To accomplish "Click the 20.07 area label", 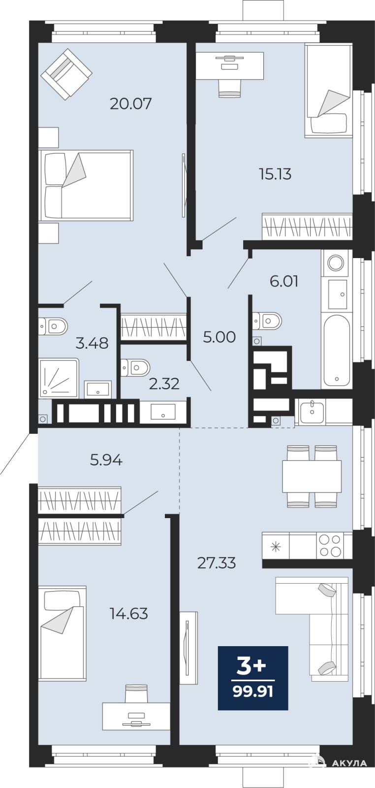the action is click(x=131, y=104).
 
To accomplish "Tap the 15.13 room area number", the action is click(x=275, y=174).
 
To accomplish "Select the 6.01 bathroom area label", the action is click(x=284, y=281).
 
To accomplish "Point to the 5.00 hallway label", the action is click(x=219, y=337).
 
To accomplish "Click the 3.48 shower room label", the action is click(x=92, y=343).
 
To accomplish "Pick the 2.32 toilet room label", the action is click(x=164, y=384).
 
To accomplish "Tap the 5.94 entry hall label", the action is click(x=106, y=460).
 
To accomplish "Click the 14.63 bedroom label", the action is click(x=128, y=614).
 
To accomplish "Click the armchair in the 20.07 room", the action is click(x=66, y=74).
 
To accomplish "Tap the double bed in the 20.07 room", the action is click(x=86, y=186).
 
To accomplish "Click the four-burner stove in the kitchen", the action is click(x=331, y=545).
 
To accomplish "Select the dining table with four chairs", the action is click(x=312, y=476).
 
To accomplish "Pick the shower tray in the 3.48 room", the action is click(x=59, y=378).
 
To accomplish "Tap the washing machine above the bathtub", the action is click(x=336, y=262).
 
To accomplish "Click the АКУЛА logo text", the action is click(x=350, y=763).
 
